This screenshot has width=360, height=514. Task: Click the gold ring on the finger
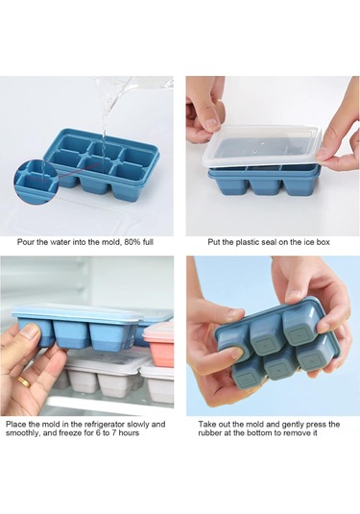point(24,381)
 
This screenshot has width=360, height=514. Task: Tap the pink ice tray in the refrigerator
point(159,344)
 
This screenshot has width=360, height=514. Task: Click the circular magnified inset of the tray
point(36,180)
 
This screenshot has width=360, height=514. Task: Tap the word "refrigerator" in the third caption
point(101,425)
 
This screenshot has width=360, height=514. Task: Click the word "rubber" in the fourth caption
point(209,433)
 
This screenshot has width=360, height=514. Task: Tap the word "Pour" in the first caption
point(24,242)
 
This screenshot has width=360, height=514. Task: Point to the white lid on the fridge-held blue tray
point(78,311)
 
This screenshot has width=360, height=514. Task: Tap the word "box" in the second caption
point(324,242)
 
